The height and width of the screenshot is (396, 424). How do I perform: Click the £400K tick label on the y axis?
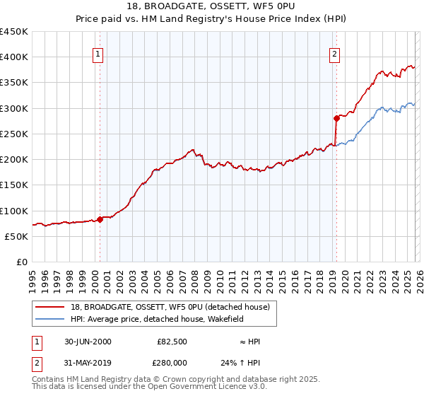click(x=14, y=57)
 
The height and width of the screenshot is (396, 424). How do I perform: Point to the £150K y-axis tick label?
click(x=14, y=185)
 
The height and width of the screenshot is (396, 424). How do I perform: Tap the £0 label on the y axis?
click(x=21, y=262)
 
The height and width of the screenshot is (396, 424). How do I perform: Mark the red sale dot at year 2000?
click(x=100, y=219)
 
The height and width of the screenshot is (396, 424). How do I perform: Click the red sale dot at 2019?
click(x=336, y=118)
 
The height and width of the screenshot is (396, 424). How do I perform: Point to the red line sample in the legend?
click(x=49, y=308)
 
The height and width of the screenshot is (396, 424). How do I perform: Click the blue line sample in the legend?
click(x=49, y=319)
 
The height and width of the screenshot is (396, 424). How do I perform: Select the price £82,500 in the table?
click(x=172, y=342)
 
